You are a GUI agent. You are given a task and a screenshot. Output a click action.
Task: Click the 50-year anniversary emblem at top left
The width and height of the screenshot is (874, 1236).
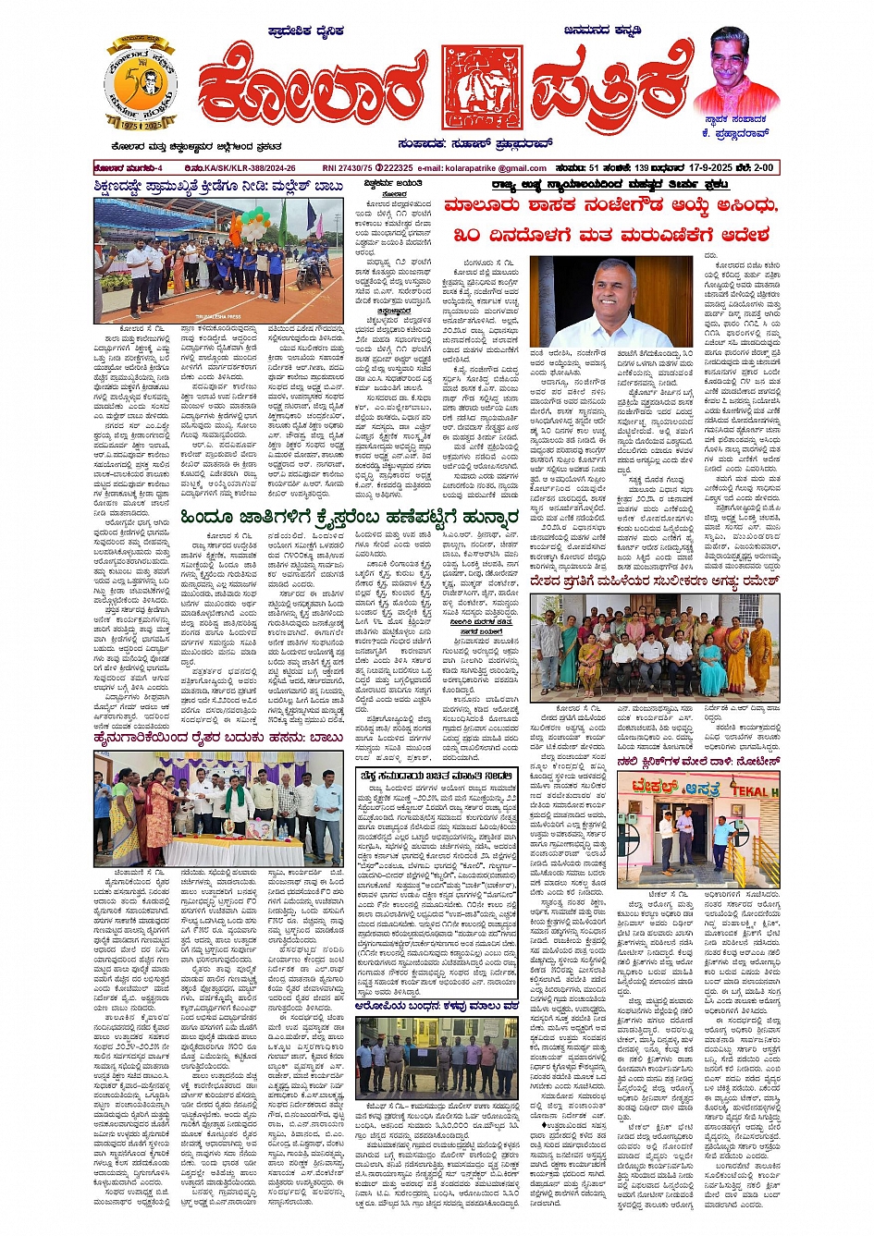[141, 84]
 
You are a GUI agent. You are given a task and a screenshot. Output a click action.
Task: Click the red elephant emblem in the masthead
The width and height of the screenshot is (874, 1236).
[481, 88]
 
